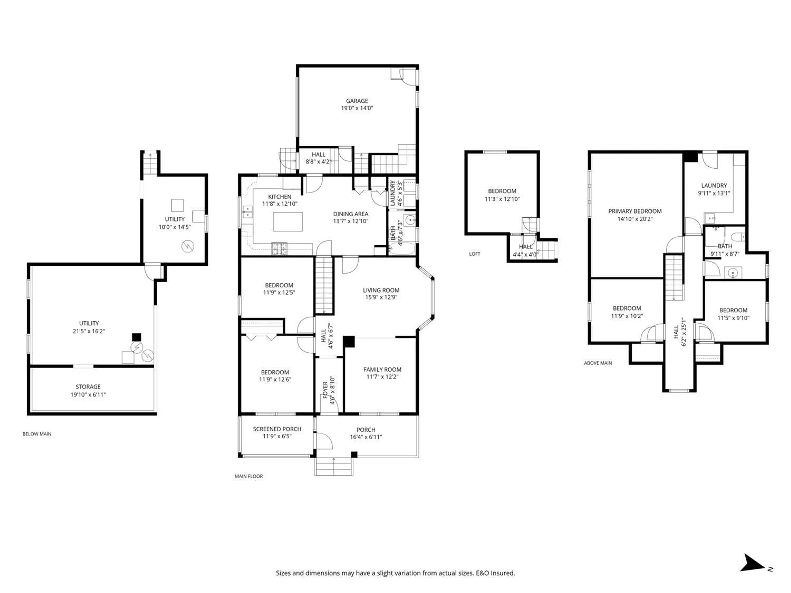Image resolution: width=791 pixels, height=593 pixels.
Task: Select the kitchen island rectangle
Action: click(x=288, y=222)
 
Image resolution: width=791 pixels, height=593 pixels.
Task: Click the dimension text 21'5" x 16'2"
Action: click(x=89, y=331)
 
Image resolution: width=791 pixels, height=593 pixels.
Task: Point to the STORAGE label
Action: click(x=88, y=387)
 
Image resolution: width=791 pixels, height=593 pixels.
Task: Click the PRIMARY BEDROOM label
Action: click(x=635, y=211)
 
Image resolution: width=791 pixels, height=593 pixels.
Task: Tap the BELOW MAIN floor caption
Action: click(x=37, y=434)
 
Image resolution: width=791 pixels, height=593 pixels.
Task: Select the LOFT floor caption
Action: click(x=475, y=254)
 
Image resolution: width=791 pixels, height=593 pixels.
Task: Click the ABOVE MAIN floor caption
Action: click(x=598, y=363)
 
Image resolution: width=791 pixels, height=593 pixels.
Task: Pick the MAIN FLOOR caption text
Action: click(x=249, y=476)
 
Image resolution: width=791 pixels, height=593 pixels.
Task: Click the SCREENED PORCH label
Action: click(x=277, y=429)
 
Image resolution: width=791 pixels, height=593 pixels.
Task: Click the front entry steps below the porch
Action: click(x=334, y=467)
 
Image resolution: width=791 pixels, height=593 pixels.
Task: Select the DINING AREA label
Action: click(x=350, y=214)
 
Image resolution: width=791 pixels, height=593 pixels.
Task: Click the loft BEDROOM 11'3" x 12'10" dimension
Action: click(x=502, y=199)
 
